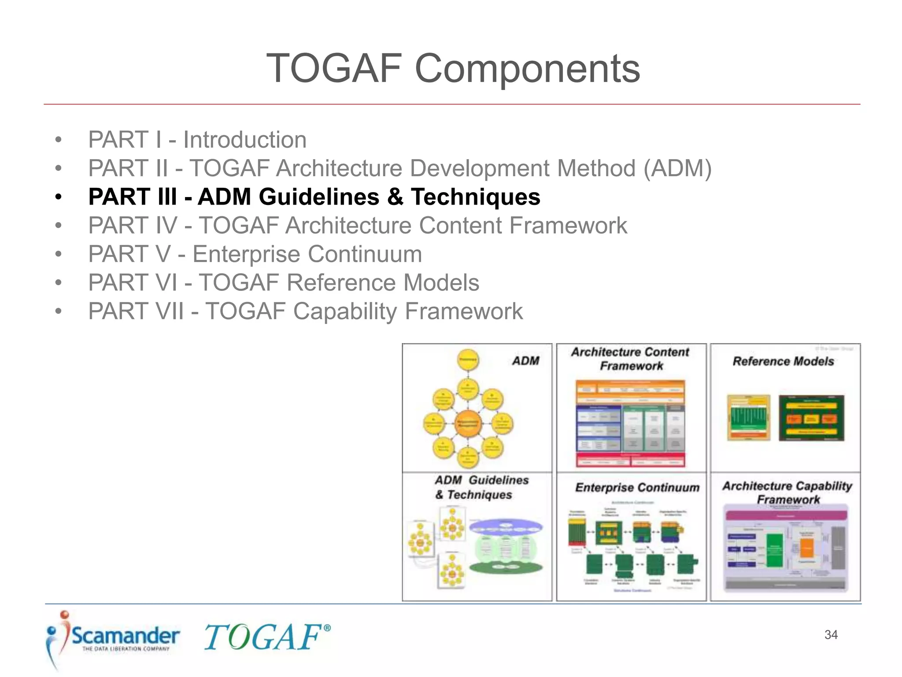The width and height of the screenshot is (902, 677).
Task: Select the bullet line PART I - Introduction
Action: coord(197,140)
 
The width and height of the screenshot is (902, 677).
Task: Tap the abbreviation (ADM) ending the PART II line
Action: coord(677,168)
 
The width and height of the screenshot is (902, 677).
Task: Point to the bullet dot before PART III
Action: coord(58,197)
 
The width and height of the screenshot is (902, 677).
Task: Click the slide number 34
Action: coord(831,635)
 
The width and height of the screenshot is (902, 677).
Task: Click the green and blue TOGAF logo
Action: coord(263,637)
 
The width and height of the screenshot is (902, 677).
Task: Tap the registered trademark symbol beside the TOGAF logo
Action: coord(327,628)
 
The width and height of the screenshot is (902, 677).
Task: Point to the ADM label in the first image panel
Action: coord(525,361)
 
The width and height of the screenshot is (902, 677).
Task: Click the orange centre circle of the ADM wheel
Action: coord(467,424)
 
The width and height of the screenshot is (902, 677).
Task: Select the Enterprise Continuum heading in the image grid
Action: coord(637,487)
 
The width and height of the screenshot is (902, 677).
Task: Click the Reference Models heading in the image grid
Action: coord(783,361)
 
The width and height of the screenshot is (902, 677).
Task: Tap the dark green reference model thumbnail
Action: coord(811,418)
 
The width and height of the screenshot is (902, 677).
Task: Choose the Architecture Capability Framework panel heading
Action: coord(787,492)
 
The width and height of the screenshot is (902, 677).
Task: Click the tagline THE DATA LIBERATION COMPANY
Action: coord(126,649)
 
